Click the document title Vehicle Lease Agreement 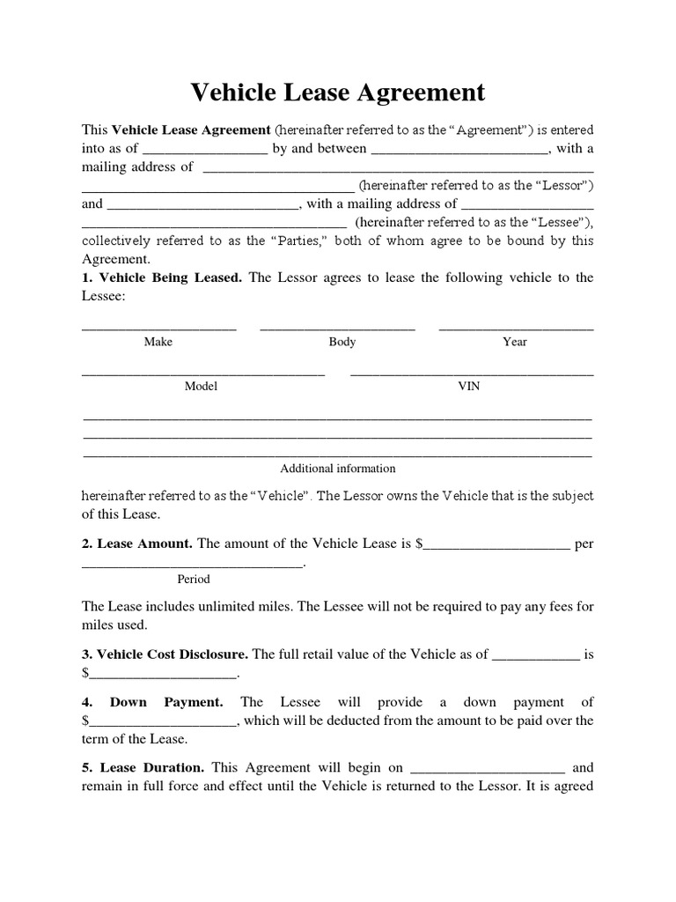tap(338, 92)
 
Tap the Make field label tap(158, 342)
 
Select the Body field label tap(342, 342)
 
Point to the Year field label tap(515, 342)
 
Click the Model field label tap(201, 386)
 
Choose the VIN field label tap(469, 386)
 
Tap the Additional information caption tap(338, 469)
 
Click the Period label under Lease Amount tap(194, 579)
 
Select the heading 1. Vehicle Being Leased tap(162, 277)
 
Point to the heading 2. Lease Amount tap(137, 543)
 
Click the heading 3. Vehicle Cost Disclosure tap(165, 654)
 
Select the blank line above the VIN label tap(472, 373)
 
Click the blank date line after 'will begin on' tap(488, 771)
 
